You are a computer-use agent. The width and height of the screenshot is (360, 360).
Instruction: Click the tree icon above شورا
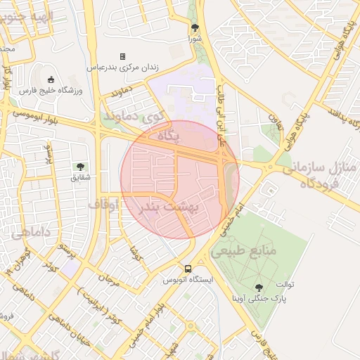(195, 28)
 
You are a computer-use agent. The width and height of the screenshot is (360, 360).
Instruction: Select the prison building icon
(122, 56)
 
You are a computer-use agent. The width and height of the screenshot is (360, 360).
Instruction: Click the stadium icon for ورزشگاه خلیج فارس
(51, 79)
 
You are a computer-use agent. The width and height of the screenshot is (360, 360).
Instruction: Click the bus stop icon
(188, 269)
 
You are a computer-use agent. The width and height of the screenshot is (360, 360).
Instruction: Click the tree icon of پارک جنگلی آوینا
(259, 287)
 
